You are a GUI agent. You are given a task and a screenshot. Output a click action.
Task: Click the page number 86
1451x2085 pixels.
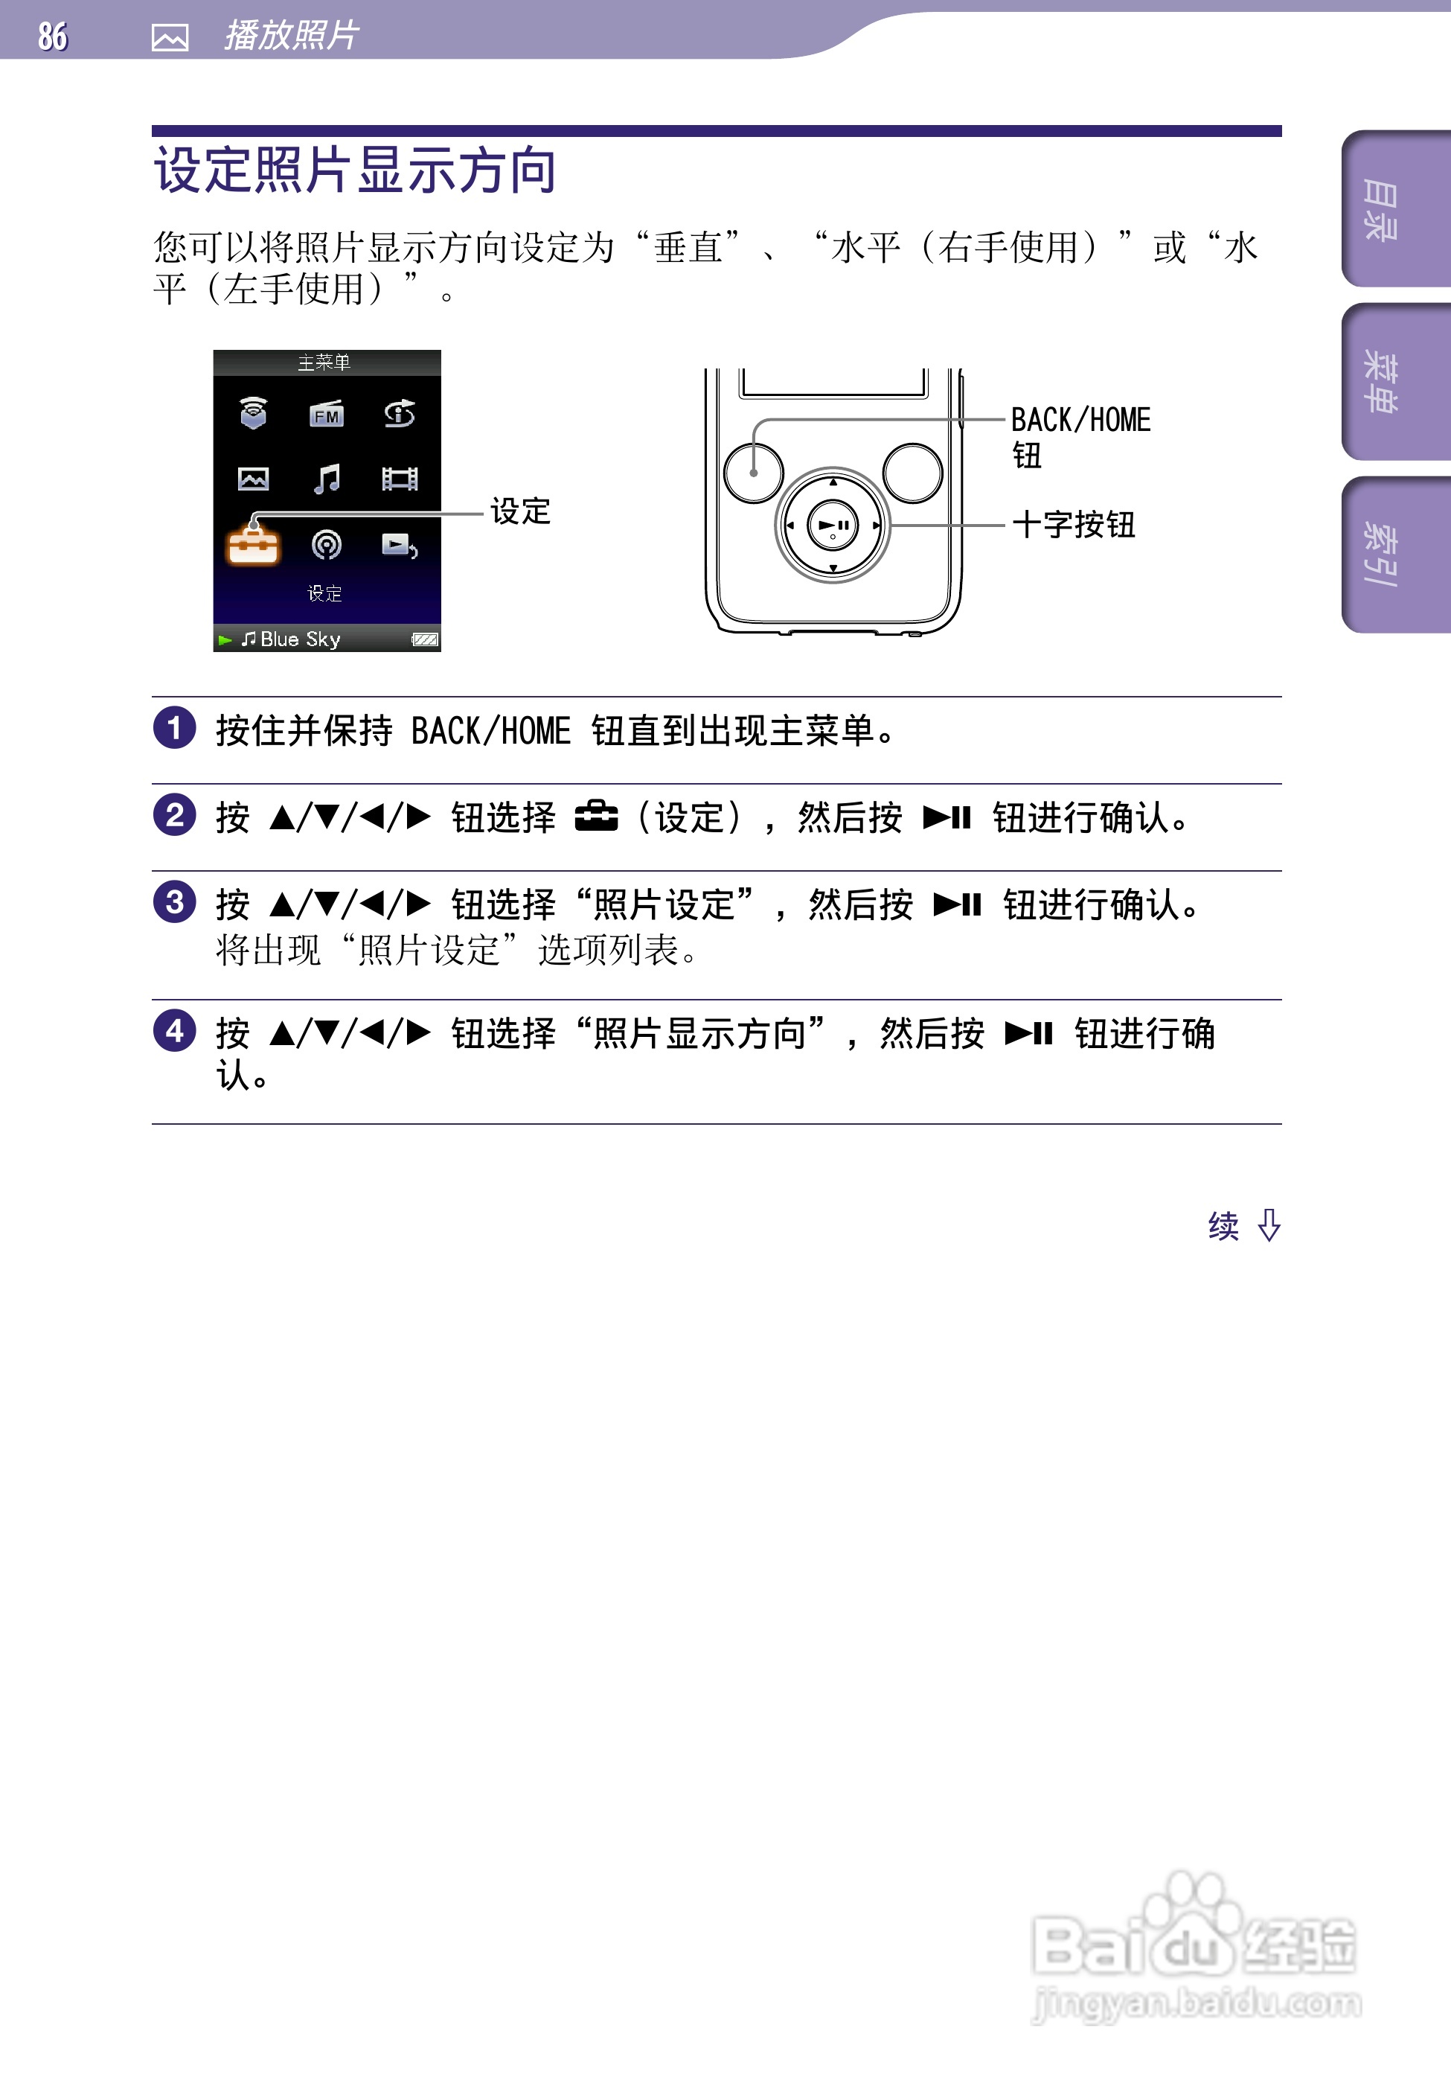[53, 36]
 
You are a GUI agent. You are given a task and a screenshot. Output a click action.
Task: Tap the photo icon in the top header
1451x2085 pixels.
[170, 37]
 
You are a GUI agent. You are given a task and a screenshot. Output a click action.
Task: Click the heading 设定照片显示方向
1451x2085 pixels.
[355, 170]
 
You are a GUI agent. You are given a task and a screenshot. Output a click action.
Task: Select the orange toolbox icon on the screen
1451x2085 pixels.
[253, 545]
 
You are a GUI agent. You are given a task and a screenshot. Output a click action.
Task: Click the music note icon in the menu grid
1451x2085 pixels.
[326, 479]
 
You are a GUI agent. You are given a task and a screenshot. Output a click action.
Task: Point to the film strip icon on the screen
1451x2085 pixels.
[400, 479]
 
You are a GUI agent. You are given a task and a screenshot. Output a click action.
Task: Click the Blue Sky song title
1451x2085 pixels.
[300, 639]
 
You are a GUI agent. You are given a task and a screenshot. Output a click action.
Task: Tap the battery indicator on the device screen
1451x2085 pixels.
[424, 640]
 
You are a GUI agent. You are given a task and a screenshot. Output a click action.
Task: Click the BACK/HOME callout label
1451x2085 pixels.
[1080, 421]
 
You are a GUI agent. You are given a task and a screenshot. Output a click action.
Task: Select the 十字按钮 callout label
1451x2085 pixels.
[1073, 525]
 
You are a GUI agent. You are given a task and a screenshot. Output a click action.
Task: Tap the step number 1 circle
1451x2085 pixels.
[174, 728]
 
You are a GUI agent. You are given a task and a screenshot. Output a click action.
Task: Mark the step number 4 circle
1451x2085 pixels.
[174, 1032]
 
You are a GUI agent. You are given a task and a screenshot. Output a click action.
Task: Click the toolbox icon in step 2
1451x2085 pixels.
[596, 817]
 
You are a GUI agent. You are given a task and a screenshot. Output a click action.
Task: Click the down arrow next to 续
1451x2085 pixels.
[1269, 1225]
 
